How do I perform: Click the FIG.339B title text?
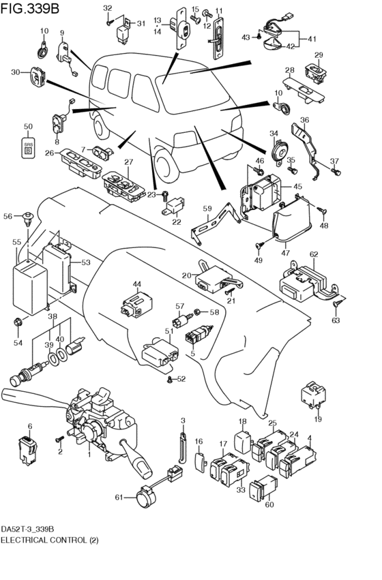coord(29,8)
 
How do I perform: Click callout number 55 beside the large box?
coord(16,242)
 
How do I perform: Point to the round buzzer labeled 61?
coord(145,496)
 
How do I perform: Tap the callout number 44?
coord(137,284)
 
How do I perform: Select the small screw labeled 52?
coord(170,380)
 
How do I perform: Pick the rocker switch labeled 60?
coord(263,487)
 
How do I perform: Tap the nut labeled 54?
coord(18,322)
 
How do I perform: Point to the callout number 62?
coord(314,254)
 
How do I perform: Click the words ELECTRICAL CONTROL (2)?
coord(50,540)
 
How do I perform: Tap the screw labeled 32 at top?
coord(108,23)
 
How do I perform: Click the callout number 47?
coord(285,253)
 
